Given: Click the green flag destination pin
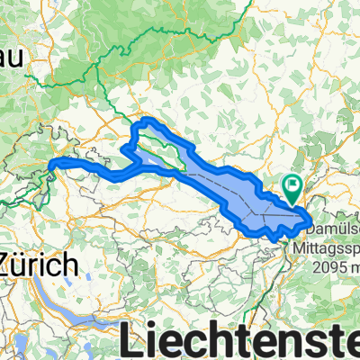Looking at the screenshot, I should point(292,187).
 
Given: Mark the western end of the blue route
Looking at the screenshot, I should point(49,165).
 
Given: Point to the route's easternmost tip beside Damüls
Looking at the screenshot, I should point(310,218).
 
